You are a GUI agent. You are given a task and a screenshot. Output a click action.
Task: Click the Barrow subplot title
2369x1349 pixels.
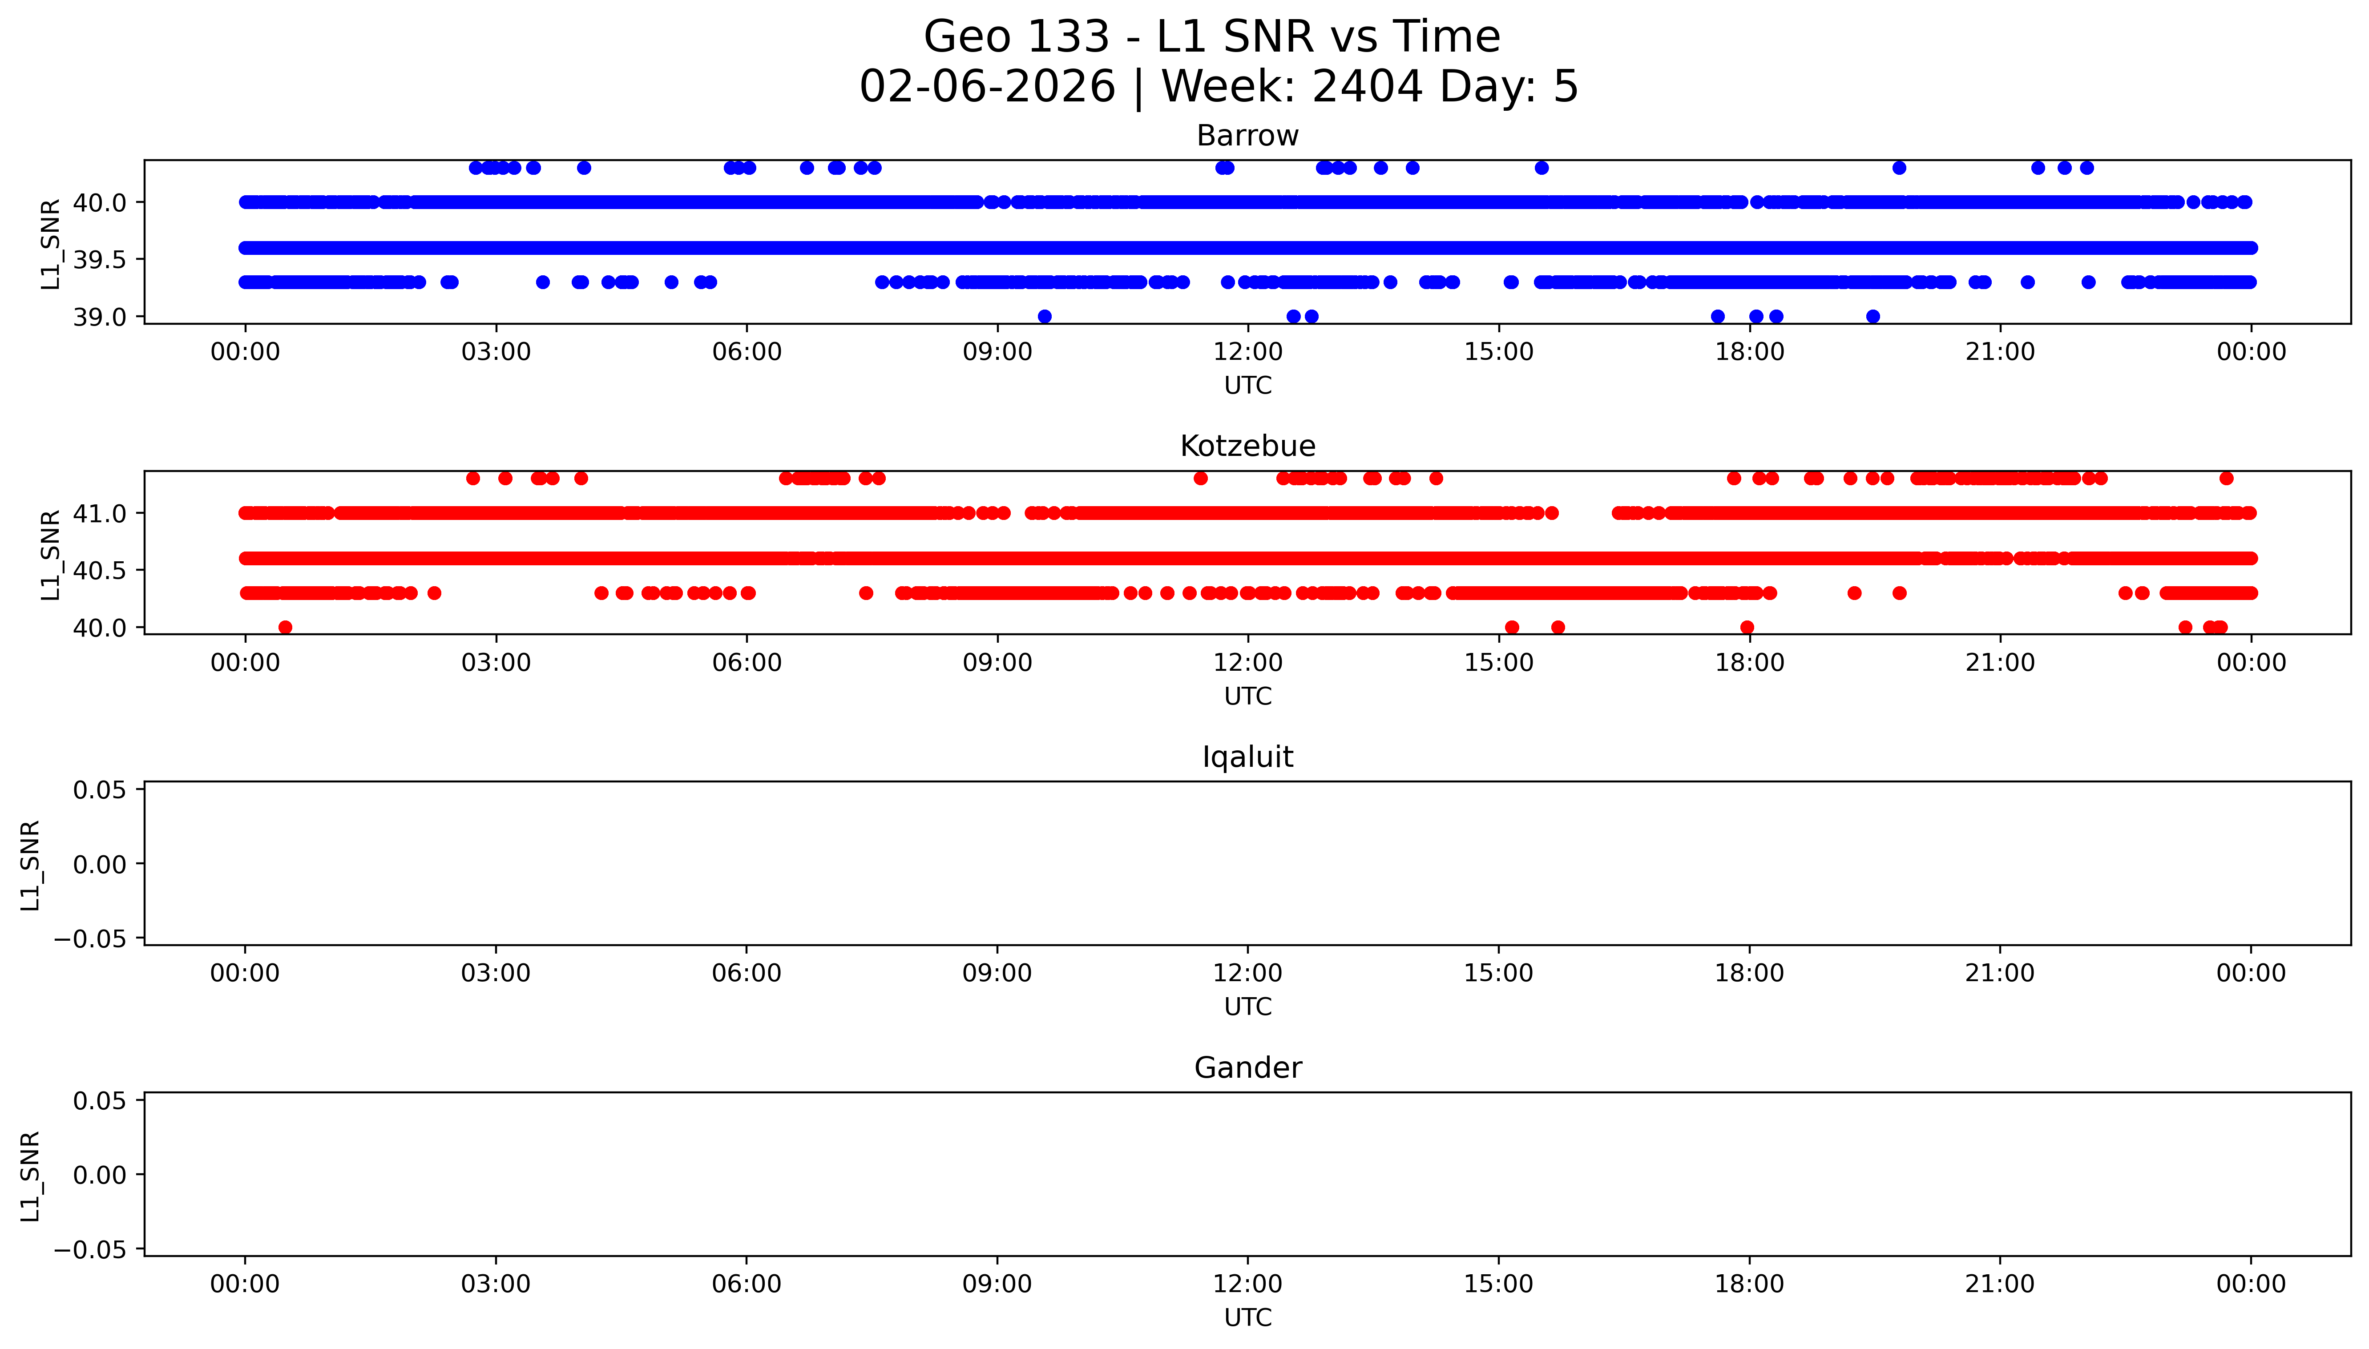click(x=1247, y=136)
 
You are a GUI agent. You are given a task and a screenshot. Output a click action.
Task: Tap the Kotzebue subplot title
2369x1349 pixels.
click(x=1247, y=447)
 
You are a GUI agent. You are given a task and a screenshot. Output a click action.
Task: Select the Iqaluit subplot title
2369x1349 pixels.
click(x=1247, y=757)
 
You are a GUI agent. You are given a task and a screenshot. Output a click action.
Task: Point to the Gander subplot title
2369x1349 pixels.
click(x=1247, y=1068)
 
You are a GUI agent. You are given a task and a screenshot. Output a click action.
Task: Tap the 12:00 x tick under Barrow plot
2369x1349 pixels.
click(x=1248, y=352)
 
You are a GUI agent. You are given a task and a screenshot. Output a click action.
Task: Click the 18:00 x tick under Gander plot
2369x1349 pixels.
click(x=1749, y=1284)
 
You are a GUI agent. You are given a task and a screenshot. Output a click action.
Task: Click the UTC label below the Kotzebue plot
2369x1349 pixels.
click(x=1247, y=696)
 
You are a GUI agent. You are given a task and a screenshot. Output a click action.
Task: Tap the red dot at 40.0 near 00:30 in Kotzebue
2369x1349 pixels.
click(x=285, y=627)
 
